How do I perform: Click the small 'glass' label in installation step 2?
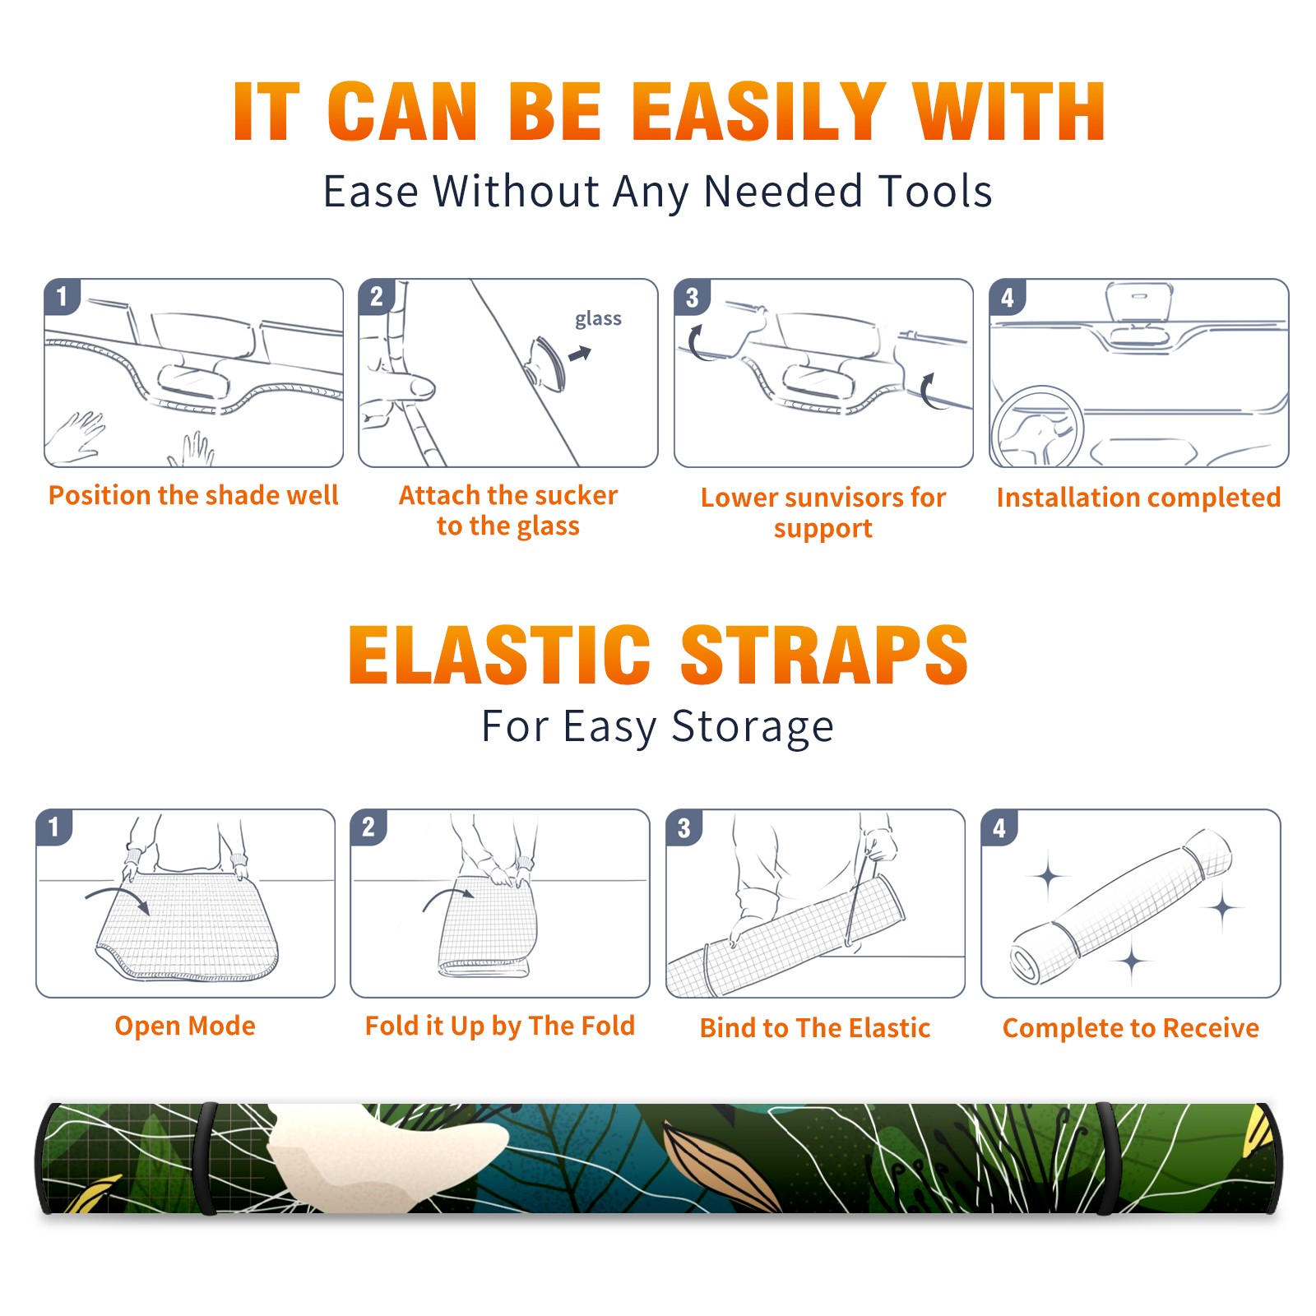(598, 319)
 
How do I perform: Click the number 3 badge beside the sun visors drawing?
(692, 297)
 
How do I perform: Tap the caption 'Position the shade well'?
(193, 495)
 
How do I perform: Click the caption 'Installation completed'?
(1138, 498)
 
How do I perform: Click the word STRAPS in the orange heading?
(824, 655)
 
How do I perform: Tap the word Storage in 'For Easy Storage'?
(753, 727)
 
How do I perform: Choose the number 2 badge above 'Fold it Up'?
(368, 827)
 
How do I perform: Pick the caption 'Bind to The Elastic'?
(814, 1028)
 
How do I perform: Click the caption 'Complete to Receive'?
(1130, 1028)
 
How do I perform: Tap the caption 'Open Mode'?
(185, 1026)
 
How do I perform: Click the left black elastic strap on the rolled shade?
(206, 1158)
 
